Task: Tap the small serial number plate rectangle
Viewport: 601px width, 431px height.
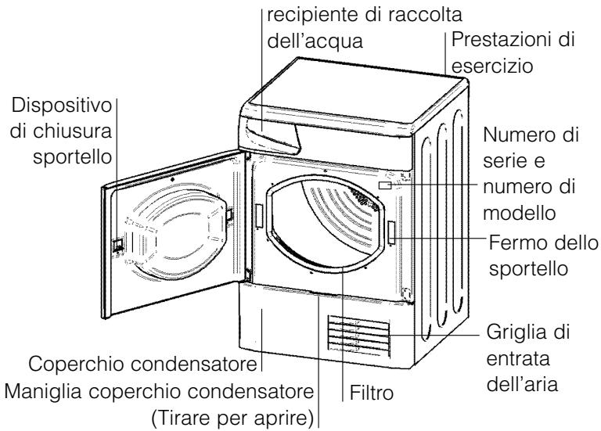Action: point(385,186)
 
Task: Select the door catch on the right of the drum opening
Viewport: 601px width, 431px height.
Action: point(390,232)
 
